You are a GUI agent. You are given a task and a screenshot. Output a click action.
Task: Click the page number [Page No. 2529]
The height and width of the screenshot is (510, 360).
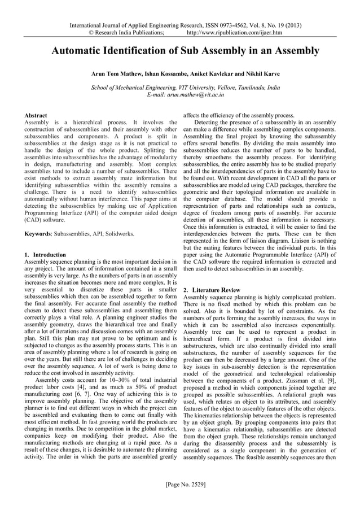(x=179, y=484)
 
